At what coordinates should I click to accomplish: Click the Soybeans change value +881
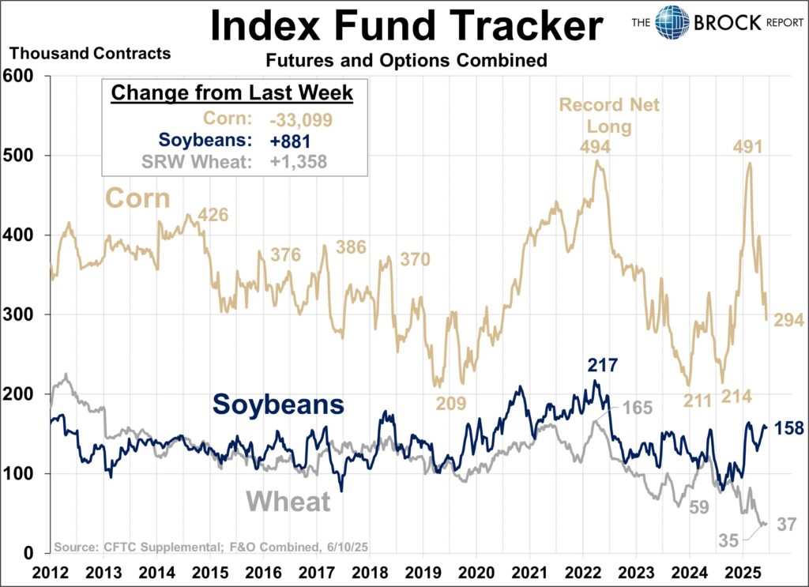coord(282,141)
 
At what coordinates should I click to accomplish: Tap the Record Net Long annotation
coord(609,115)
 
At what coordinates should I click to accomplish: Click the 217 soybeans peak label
coord(602,366)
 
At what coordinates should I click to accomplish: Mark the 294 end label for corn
coord(788,320)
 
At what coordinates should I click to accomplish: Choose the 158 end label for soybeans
coord(788,428)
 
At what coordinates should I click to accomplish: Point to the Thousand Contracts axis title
coord(89,55)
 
